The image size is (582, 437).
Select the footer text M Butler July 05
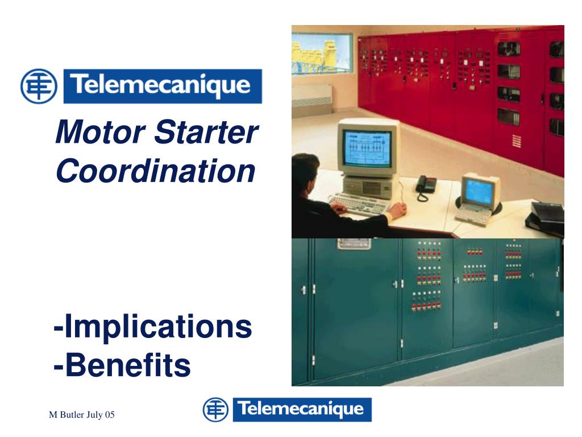click(x=81, y=416)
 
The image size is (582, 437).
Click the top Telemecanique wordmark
click(x=163, y=86)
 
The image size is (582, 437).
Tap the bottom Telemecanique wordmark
click(x=301, y=410)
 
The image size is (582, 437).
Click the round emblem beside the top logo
click(x=39, y=86)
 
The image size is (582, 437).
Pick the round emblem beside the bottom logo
click(x=215, y=410)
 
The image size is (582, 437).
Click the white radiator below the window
click(x=312, y=96)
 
